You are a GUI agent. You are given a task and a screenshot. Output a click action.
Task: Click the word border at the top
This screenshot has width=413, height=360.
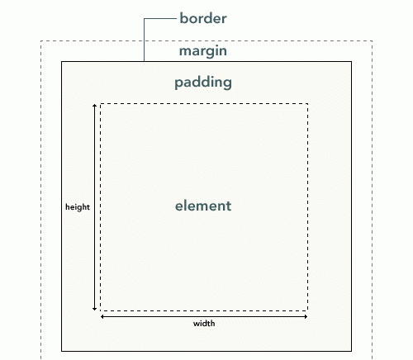tap(203, 18)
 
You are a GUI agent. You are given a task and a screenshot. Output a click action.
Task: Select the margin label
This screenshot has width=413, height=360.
tap(203, 51)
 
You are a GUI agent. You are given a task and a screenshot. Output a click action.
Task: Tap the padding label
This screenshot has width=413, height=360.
tap(203, 83)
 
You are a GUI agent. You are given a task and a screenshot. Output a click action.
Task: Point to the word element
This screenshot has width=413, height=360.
tap(203, 206)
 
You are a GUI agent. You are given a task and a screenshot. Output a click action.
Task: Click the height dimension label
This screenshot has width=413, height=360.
tap(78, 207)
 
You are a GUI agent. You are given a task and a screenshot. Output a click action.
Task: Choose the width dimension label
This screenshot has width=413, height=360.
tap(204, 323)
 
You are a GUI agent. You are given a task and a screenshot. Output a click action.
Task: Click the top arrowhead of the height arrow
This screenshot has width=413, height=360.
tap(94, 106)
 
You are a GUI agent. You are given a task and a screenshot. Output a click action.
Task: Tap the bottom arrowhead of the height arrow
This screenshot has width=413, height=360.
tap(94, 309)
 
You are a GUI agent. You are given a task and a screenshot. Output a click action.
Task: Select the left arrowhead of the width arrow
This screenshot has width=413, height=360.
tap(102, 316)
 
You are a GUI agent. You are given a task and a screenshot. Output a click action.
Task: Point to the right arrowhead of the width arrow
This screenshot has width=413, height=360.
tap(306, 316)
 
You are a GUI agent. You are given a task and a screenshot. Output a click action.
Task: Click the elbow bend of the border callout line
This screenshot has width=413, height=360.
tap(144, 19)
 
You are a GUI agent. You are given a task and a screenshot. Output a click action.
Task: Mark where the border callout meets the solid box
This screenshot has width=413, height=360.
tap(144, 61)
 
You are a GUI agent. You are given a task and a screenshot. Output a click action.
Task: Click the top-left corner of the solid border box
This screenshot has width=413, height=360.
tap(61, 61)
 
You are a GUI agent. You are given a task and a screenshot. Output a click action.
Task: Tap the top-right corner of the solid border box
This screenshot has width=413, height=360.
tap(351, 61)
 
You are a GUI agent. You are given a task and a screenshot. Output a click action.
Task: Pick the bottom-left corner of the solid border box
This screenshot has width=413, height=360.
tap(61, 351)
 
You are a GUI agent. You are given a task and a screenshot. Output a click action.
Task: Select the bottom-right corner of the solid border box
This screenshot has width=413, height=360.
tap(351, 351)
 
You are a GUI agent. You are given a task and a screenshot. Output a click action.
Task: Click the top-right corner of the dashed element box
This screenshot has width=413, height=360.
tap(307, 104)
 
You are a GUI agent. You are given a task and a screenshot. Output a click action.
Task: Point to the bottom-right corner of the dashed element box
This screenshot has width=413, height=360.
tap(307, 310)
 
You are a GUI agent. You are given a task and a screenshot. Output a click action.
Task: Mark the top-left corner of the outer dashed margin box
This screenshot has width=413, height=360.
tap(41, 41)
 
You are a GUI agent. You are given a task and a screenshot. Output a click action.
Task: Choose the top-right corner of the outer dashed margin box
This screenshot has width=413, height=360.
tap(372, 41)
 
